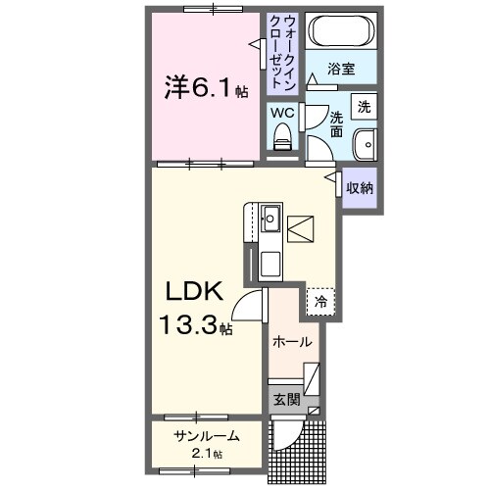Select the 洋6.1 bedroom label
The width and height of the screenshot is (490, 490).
[x=204, y=88]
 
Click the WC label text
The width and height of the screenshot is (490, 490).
[x=282, y=113]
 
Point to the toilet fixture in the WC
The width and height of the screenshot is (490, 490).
[x=282, y=140]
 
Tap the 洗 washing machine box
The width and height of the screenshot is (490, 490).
[x=364, y=105]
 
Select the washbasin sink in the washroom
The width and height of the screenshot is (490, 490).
[x=364, y=142]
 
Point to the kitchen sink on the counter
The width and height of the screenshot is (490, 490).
[x=270, y=219]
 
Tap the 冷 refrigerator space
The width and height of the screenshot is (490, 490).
[x=320, y=303]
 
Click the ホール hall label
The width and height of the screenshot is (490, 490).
[x=292, y=342]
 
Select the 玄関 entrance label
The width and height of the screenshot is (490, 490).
[x=286, y=399]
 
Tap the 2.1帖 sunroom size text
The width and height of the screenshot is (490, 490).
[x=207, y=454]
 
